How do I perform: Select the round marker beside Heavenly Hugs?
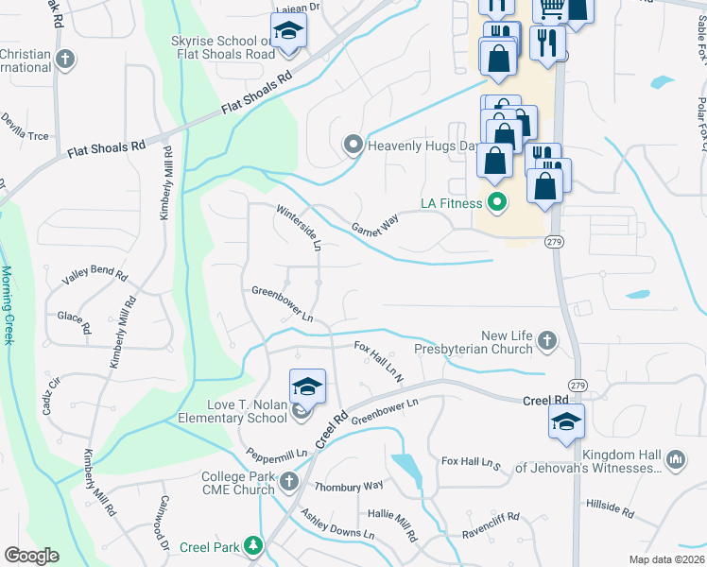coord(353,145)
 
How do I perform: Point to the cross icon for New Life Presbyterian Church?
coord(546,339)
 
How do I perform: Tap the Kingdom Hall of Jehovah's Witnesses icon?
coord(675,460)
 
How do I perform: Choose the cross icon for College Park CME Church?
coord(290,483)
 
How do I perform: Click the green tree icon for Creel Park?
coord(252,545)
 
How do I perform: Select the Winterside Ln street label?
coord(300,228)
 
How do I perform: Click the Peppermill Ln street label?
coord(277,454)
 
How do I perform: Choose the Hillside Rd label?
coord(610,508)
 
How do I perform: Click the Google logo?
coord(33,555)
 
